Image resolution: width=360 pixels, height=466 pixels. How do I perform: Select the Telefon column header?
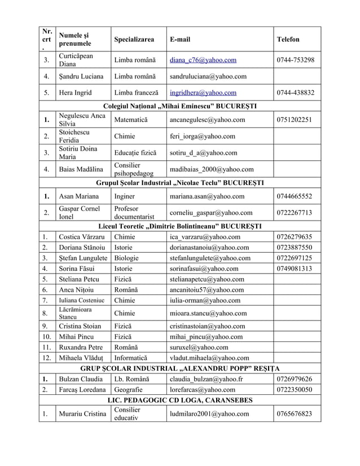(x=288, y=39)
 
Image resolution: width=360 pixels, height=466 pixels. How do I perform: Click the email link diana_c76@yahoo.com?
(x=203, y=60)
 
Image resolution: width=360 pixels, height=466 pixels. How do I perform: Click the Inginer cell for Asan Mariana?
(x=124, y=196)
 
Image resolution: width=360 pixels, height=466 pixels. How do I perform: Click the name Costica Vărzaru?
(x=82, y=236)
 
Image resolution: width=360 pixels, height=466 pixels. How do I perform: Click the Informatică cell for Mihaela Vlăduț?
(x=130, y=358)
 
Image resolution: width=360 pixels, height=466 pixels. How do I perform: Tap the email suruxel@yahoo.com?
(x=199, y=347)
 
